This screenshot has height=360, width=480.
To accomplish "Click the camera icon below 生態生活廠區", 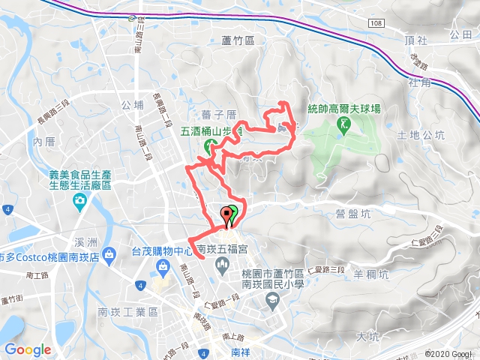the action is point(79,200).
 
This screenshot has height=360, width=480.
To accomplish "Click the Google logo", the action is point(28,349).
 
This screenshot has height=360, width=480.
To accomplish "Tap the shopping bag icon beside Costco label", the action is point(109,255).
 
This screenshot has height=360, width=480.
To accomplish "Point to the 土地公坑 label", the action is point(421,135).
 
